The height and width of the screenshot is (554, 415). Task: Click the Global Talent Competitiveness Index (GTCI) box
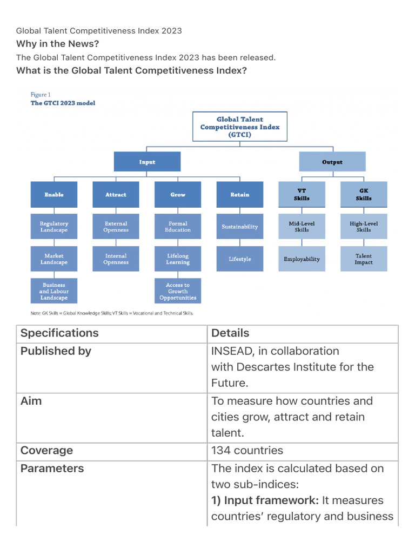[240, 126]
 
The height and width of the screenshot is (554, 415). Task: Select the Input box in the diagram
[147, 162]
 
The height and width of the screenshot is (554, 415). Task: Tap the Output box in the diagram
[332, 162]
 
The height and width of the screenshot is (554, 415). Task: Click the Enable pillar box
[54, 194]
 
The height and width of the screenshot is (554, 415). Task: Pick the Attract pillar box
[116, 194]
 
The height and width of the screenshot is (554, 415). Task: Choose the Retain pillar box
[239, 194]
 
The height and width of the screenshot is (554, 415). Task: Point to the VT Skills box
[302, 194]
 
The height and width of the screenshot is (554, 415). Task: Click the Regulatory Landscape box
[54, 227]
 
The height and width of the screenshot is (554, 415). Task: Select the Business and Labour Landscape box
[54, 291]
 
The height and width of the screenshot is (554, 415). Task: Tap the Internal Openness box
[116, 259]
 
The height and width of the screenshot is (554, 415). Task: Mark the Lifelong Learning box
[178, 259]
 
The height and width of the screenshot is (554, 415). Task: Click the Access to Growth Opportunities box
[178, 291]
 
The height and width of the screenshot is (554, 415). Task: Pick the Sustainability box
[239, 227]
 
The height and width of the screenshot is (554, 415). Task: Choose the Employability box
[302, 259]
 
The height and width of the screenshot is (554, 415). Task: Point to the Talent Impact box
[364, 259]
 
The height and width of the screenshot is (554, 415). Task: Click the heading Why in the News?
[58, 44]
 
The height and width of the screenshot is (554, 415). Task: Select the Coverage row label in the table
[46, 451]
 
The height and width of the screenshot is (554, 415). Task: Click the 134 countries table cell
[247, 451]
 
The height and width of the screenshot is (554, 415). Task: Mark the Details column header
[230, 333]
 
